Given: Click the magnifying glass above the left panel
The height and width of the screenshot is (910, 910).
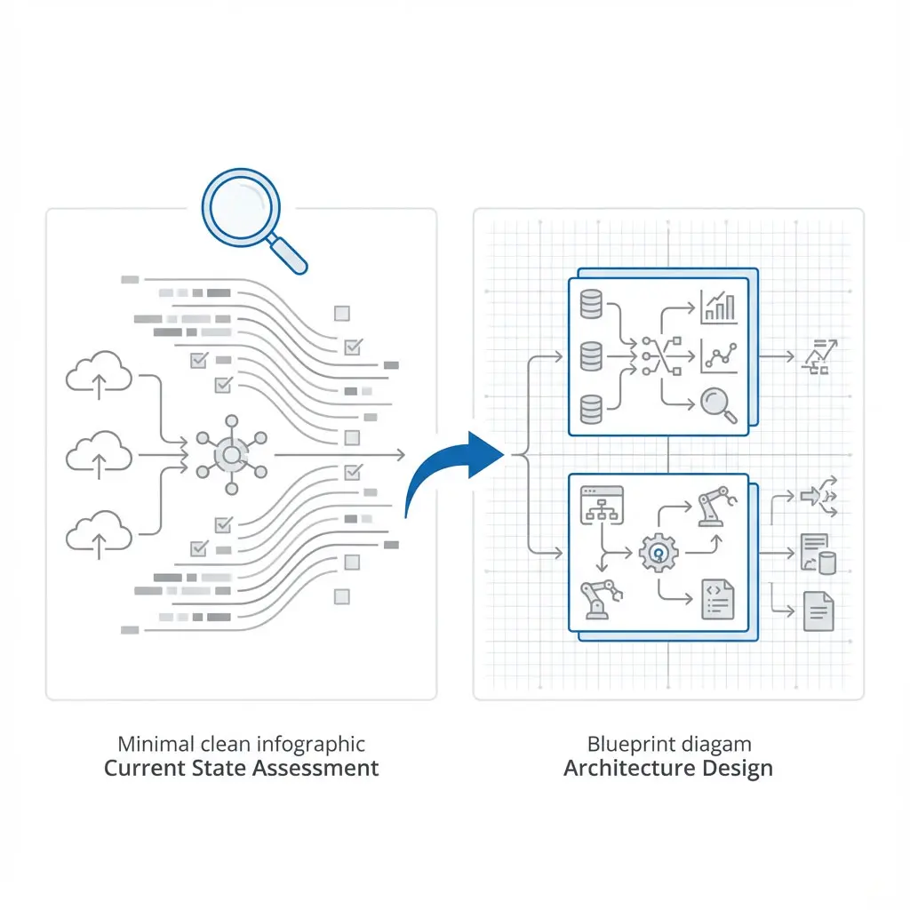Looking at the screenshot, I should click(242, 212).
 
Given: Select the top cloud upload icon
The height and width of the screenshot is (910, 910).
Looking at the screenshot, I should click(99, 374).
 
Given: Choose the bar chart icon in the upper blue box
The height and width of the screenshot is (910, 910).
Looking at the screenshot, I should click(718, 306).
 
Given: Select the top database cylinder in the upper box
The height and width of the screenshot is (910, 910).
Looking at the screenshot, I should click(591, 304).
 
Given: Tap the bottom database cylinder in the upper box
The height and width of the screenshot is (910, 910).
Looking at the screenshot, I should click(591, 410).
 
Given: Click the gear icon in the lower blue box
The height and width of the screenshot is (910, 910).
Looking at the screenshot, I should click(659, 552).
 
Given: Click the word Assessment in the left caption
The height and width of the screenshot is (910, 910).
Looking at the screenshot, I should click(315, 768).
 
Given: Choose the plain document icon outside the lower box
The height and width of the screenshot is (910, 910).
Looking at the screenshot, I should click(818, 611).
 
